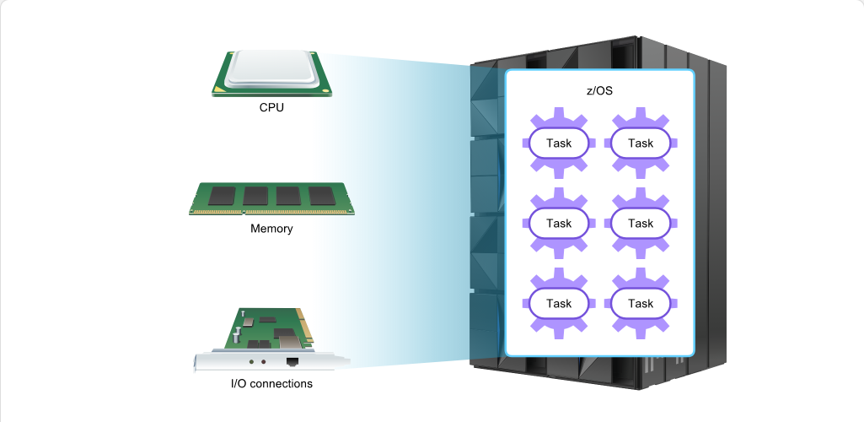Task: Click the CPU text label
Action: (x=271, y=107)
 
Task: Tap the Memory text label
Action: (x=271, y=228)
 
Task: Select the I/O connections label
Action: (x=271, y=383)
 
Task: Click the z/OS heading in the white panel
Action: (x=599, y=90)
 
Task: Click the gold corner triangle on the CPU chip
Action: (x=219, y=89)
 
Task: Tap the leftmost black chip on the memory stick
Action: (x=222, y=195)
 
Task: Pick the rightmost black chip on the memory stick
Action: (x=322, y=195)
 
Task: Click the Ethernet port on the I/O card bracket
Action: (x=292, y=362)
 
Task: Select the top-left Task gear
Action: (x=559, y=143)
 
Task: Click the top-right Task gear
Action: (x=641, y=143)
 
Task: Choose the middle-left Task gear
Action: (x=559, y=223)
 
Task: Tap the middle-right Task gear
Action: (x=641, y=223)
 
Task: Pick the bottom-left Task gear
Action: (x=559, y=303)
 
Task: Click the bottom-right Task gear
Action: (x=641, y=303)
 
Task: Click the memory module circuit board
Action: (x=271, y=198)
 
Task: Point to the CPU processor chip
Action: (x=271, y=73)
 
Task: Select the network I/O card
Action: (x=271, y=340)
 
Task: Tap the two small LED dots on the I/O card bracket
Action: (x=257, y=362)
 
